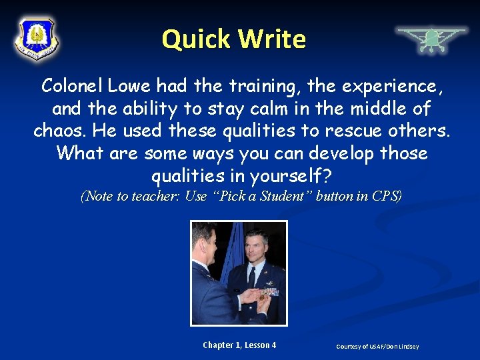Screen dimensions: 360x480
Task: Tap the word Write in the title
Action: click(x=271, y=39)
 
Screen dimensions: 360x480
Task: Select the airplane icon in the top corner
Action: click(x=431, y=39)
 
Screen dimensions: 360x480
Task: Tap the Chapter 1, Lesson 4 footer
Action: click(x=239, y=345)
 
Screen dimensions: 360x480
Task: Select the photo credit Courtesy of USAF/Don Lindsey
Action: click(x=378, y=347)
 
